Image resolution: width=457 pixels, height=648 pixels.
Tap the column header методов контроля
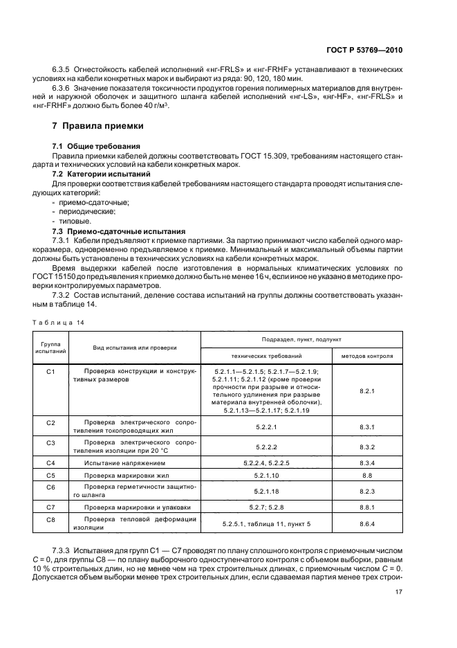367,357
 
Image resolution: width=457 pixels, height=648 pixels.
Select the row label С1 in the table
50,372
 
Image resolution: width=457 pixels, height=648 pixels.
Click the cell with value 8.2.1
367,391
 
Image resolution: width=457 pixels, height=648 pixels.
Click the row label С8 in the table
50,519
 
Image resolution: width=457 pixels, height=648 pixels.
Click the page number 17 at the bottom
399,592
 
